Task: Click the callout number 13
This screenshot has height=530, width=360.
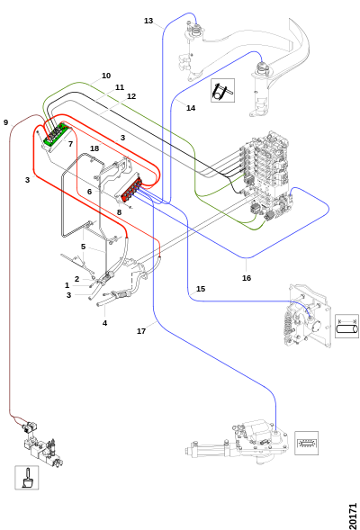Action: (x=148, y=21)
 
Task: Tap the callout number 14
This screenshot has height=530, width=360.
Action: (x=191, y=108)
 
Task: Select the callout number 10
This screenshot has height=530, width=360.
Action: (x=106, y=76)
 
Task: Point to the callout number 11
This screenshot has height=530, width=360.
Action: (x=120, y=87)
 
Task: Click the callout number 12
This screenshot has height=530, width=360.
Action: (x=131, y=96)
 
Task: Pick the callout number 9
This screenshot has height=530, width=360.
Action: (x=5, y=122)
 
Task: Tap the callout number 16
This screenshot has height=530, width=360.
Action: (x=247, y=278)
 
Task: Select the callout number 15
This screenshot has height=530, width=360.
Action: (x=201, y=289)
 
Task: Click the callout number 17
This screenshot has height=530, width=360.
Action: (x=141, y=331)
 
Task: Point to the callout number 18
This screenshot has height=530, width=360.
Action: (x=94, y=148)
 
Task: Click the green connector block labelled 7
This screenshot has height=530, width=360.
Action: (x=55, y=134)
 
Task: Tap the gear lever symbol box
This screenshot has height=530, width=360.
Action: (x=27, y=477)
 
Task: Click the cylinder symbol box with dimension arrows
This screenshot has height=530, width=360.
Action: (x=346, y=326)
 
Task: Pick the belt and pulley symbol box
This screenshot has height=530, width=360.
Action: (x=223, y=90)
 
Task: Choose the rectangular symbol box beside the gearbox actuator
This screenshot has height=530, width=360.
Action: (x=307, y=443)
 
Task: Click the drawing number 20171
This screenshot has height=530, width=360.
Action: (x=353, y=516)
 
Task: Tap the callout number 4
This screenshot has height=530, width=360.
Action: (x=104, y=323)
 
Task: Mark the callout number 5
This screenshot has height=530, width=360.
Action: (x=83, y=247)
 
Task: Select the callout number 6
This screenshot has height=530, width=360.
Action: (x=89, y=192)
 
